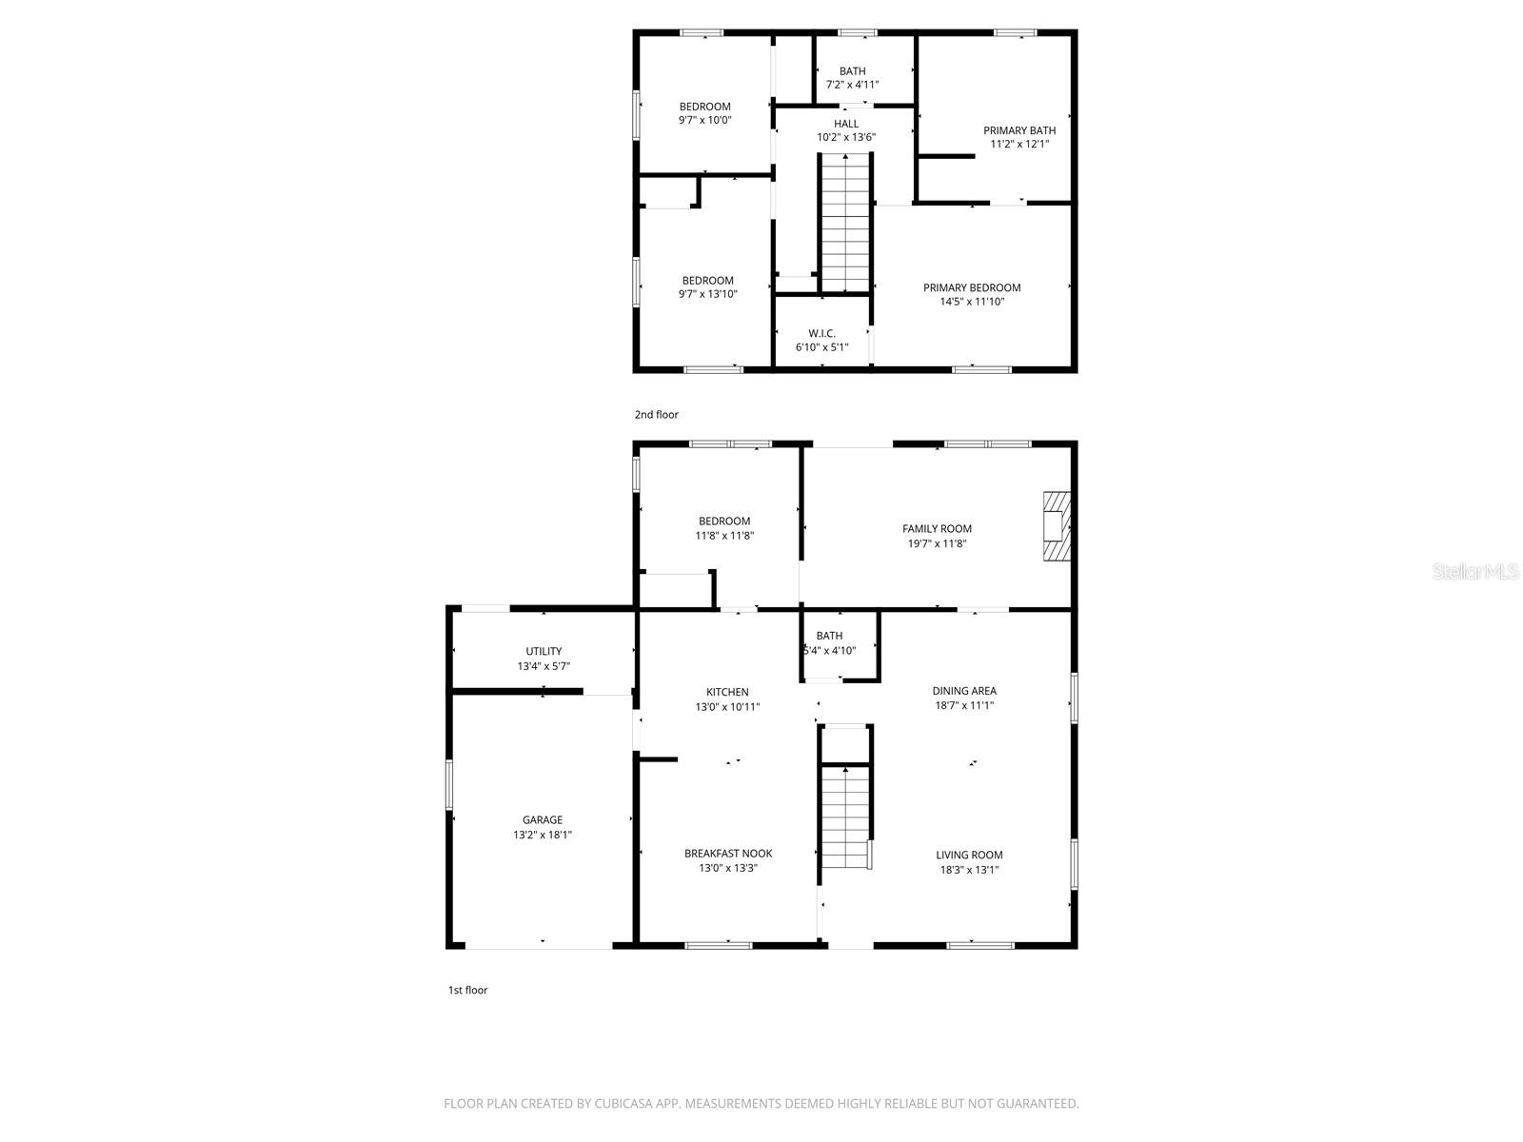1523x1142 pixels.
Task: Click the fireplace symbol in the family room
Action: click(x=1057, y=527)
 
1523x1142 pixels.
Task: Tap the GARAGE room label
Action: click(x=542, y=819)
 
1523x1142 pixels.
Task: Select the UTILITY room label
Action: click(x=544, y=651)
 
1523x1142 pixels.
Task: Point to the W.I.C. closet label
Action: click(x=821, y=333)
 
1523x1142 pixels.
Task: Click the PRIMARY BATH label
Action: click(x=1019, y=130)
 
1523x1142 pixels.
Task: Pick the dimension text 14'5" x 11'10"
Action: click(x=972, y=302)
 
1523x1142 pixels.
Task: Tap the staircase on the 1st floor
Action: click(x=845, y=817)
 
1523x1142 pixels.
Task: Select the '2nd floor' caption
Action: click(x=657, y=414)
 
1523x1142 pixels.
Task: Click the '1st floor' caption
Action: click(x=467, y=990)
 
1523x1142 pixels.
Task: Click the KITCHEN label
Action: click(x=727, y=692)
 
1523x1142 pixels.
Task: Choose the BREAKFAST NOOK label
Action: click(x=728, y=854)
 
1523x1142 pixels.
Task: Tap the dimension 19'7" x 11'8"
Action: click(x=938, y=543)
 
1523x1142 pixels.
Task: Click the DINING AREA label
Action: click(x=964, y=691)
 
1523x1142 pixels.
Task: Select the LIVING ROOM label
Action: click(x=969, y=855)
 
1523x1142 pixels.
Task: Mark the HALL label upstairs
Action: click(x=846, y=124)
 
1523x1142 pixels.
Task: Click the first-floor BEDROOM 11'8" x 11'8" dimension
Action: click(x=724, y=536)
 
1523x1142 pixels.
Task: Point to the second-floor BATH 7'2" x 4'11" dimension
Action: click(x=852, y=85)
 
